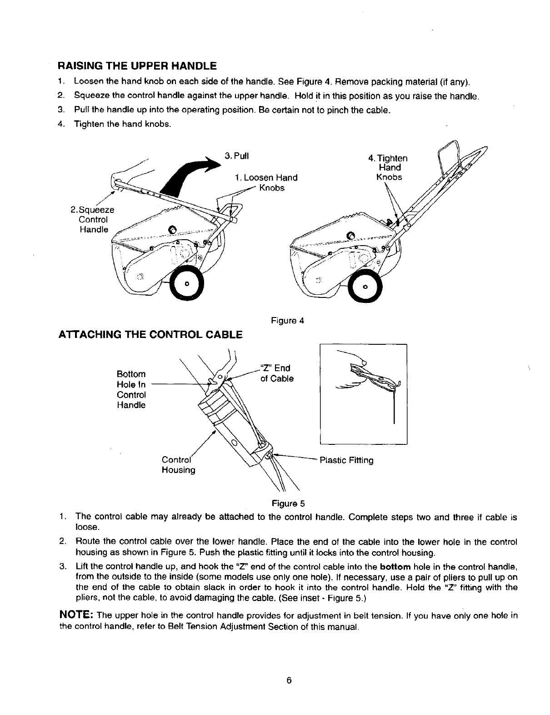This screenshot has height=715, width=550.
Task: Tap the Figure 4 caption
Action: [287, 321]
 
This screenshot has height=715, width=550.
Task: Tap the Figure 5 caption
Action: [288, 504]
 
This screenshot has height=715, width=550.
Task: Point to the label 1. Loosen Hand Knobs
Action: [266, 182]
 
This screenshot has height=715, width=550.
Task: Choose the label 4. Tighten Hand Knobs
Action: [389, 167]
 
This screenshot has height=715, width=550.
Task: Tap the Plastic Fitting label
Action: [346, 460]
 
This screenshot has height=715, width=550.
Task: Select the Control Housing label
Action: [179, 464]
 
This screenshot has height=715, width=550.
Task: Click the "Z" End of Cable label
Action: [276, 373]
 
